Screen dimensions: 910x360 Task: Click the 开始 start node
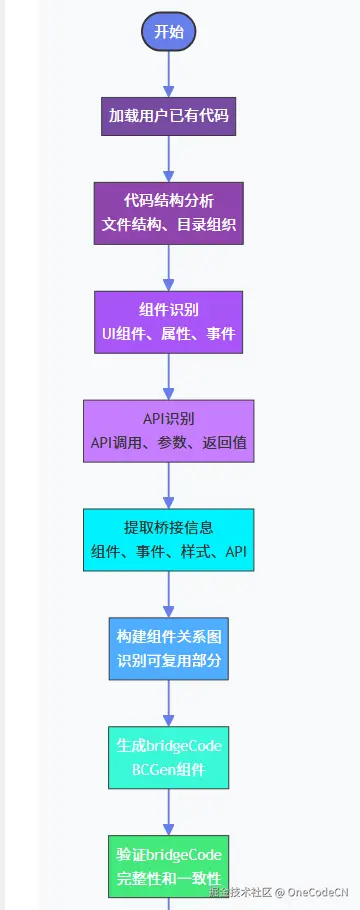tap(168, 32)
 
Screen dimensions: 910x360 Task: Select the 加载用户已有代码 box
tap(168, 116)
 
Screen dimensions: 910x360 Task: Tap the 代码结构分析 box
tap(168, 212)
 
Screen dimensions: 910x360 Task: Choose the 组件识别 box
tap(168, 321)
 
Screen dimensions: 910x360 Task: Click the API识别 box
tap(168, 430)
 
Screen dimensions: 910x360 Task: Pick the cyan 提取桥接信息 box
tap(168, 539)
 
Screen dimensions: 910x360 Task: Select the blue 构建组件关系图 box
tap(168, 648)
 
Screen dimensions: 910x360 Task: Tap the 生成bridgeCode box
tap(168, 757)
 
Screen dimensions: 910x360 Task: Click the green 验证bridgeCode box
tap(168, 866)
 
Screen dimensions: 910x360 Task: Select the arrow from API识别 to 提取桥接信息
tap(168, 485)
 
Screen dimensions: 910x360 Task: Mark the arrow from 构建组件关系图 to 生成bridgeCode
tap(168, 703)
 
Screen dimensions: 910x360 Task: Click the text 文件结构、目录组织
tap(168, 224)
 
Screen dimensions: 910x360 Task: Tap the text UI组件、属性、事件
tap(168, 333)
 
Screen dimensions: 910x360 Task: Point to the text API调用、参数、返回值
tap(168, 442)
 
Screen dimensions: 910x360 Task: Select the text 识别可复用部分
tap(168, 660)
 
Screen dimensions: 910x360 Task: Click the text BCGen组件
tap(168, 769)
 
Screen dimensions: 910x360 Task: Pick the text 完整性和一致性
tap(168, 878)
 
